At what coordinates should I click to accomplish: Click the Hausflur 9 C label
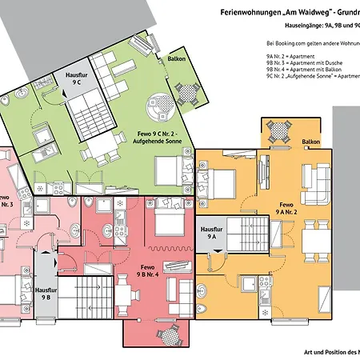(x=76, y=78)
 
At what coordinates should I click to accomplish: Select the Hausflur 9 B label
(x=47, y=292)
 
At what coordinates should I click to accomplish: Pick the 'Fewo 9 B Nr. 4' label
(x=146, y=270)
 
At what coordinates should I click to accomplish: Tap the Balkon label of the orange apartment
(x=311, y=142)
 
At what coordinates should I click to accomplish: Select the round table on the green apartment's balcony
(x=190, y=91)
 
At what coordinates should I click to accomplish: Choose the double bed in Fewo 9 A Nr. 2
(x=218, y=182)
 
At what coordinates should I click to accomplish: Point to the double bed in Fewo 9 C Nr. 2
(x=170, y=170)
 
